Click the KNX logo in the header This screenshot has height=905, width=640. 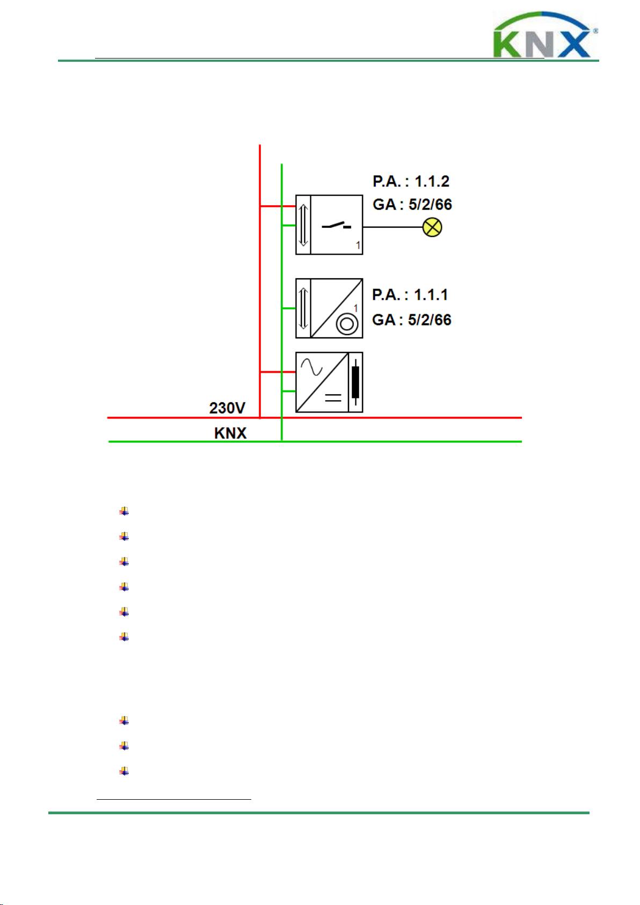(545, 35)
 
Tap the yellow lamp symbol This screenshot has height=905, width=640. (432, 227)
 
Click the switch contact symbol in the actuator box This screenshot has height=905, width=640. (336, 226)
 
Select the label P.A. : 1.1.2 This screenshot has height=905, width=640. (411, 182)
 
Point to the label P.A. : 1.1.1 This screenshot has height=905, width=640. (410, 295)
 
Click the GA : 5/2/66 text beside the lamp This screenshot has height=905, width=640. (412, 205)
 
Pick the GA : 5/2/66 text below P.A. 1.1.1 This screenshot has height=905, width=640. (411, 320)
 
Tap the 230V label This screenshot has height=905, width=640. (227, 408)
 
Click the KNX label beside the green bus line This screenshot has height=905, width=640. (230, 433)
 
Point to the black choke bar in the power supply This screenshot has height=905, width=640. (355, 382)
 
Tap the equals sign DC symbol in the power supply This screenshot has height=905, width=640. (333, 397)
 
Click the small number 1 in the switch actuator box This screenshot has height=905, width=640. (358, 245)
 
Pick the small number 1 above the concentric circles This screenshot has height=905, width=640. (356, 308)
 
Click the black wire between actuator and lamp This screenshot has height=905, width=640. (392, 227)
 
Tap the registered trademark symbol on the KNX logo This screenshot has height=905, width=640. (595, 30)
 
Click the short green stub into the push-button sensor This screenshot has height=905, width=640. (289, 308)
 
